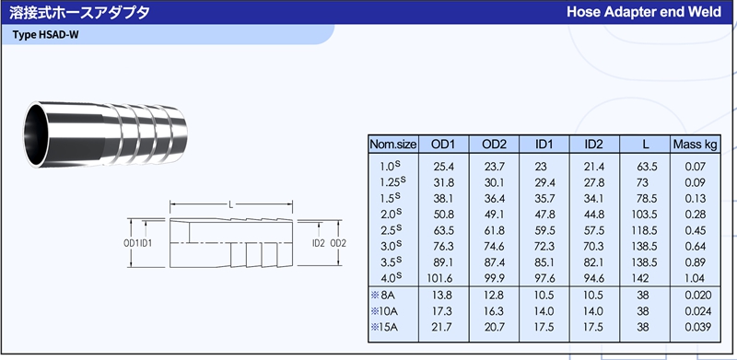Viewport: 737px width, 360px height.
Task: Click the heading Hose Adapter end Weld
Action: (643, 12)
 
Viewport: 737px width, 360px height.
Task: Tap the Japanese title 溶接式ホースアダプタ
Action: (79, 12)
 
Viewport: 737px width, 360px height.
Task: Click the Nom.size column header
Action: (393, 145)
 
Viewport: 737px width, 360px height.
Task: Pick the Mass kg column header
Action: (696, 145)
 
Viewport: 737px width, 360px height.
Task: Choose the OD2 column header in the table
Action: (494, 145)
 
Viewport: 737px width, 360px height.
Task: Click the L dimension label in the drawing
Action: (231, 204)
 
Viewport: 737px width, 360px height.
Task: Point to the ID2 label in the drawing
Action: (319, 243)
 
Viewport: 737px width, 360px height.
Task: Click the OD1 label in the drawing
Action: (132, 243)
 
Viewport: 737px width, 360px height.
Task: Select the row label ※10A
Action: (384, 311)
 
